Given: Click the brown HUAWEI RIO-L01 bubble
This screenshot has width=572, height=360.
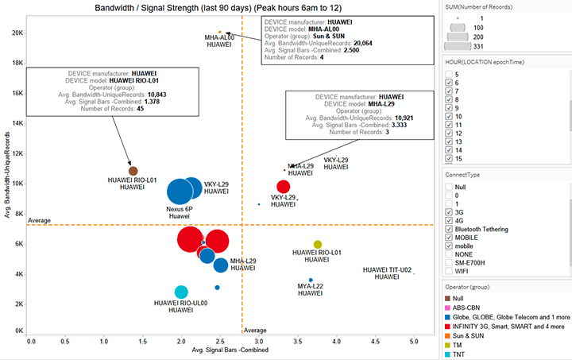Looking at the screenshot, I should (x=133, y=171).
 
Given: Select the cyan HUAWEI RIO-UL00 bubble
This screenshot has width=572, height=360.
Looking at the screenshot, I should (x=181, y=292).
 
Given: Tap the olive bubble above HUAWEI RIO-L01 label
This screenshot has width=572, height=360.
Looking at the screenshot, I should (x=318, y=245).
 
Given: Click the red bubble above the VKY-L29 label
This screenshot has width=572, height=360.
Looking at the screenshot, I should (x=283, y=187).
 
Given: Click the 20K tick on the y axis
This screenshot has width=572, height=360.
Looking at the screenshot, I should (x=17, y=33).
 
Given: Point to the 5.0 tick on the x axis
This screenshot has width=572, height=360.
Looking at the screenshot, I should (x=413, y=340).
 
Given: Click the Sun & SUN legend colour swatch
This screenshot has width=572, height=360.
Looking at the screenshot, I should (x=448, y=336).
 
